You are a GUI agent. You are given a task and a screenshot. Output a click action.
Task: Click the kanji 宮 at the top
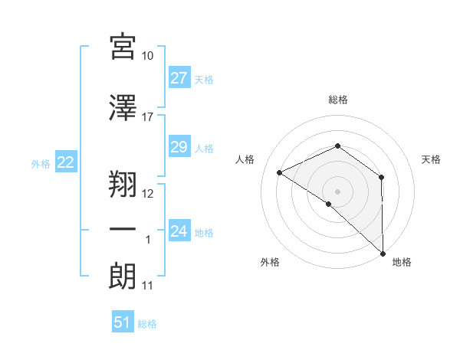[x=123, y=47]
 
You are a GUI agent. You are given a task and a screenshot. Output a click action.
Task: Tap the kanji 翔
[x=123, y=184]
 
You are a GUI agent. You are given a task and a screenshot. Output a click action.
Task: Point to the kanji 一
[x=123, y=231]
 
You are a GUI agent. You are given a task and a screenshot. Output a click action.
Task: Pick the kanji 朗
[x=123, y=276]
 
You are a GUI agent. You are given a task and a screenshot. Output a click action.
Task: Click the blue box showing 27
[x=179, y=78]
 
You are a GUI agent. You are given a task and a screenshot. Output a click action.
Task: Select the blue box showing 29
[x=179, y=147]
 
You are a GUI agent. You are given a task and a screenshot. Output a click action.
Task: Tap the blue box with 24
[x=179, y=231]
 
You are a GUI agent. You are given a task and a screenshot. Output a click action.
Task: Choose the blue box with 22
[x=65, y=162]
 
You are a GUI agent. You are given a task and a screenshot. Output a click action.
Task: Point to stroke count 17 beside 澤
[x=148, y=117]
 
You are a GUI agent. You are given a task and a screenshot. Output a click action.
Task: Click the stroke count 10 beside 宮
[x=148, y=56]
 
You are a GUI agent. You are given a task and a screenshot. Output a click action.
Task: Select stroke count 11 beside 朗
[x=148, y=286]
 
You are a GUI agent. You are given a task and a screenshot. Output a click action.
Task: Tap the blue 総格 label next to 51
[x=147, y=324]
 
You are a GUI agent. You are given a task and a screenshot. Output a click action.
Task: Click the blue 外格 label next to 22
[x=40, y=163]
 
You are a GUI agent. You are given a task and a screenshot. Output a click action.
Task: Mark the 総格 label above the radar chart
[x=337, y=100]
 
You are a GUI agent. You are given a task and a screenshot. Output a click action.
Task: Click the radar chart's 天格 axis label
[x=431, y=159]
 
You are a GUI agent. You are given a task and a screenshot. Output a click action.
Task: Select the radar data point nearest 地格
[x=382, y=252]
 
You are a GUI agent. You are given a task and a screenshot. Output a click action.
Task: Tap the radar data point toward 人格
[x=280, y=173]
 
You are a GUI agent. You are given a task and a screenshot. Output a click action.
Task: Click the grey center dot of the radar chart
[x=337, y=191]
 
